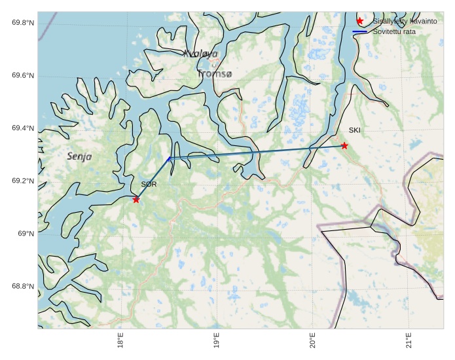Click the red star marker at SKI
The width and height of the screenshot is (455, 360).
click(x=344, y=145)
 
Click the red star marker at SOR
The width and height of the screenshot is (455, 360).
click(x=136, y=199)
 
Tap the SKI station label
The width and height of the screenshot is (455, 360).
click(x=354, y=130)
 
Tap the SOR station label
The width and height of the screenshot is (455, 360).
click(x=149, y=185)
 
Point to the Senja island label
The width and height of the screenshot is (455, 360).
click(x=79, y=156)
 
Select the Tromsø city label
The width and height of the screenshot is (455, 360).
click(x=214, y=74)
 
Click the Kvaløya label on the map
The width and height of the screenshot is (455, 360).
click(x=200, y=54)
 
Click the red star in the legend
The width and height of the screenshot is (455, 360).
click(x=359, y=22)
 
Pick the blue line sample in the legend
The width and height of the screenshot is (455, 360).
click(x=359, y=31)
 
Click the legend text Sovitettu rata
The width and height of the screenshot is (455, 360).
click(x=395, y=31)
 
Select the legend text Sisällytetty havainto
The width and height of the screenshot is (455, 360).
click(x=405, y=22)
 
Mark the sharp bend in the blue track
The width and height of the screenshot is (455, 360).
click(x=169, y=158)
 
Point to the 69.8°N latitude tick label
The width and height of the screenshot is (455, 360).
click(x=23, y=23)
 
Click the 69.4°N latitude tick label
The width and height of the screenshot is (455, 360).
click(x=23, y=128)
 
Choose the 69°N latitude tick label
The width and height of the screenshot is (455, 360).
click(x=26, y=234)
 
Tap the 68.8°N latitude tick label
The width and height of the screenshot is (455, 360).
click(x=23, y=287)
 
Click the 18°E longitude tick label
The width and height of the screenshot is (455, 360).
click(x=120, y=342)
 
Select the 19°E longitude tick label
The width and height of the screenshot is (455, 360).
click(x=217, y=342)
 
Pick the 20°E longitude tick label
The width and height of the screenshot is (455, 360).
click(x=313, y=342)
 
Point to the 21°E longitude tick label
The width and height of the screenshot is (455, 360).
click(x=409, y=342)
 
